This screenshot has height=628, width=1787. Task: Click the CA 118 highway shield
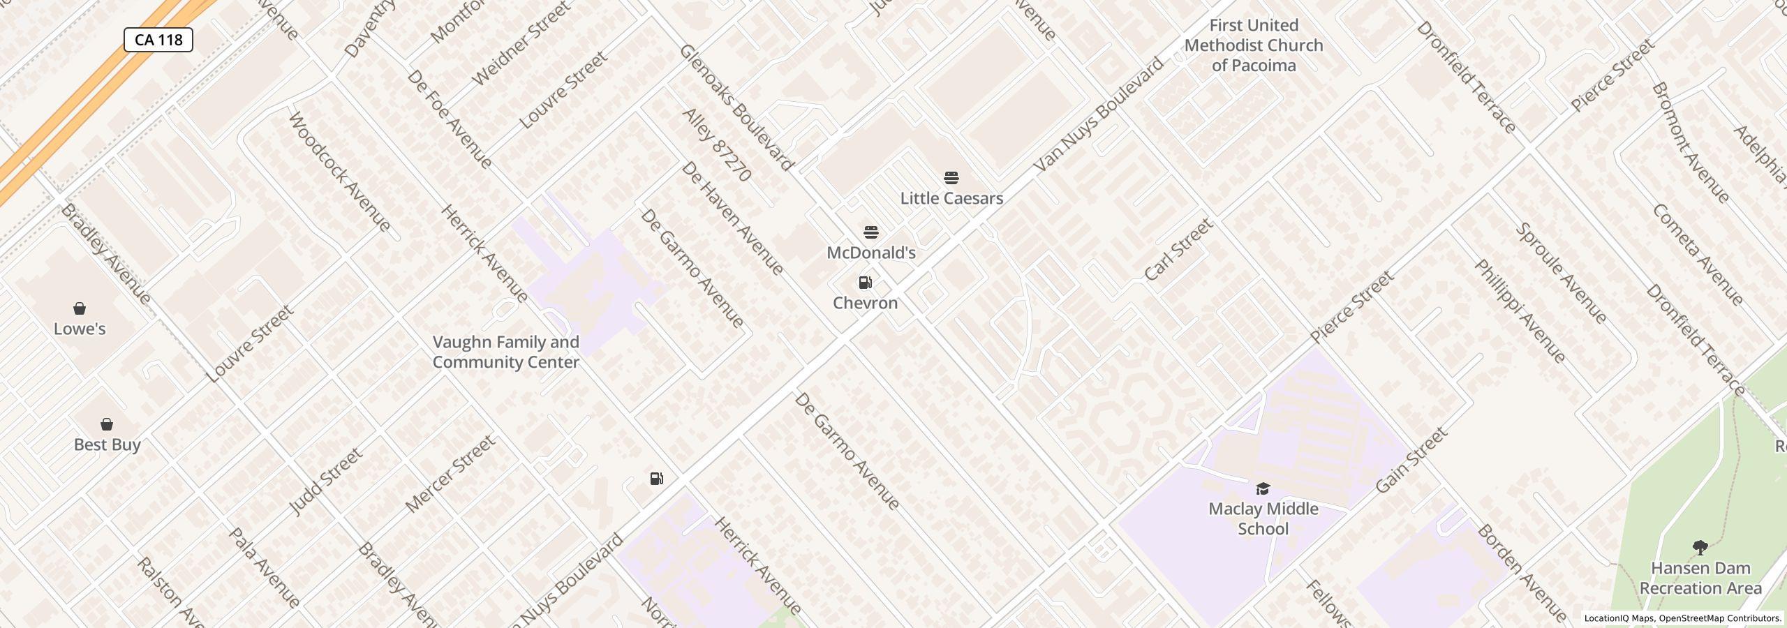[158, 40]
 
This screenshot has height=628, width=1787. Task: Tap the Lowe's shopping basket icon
[80, 308]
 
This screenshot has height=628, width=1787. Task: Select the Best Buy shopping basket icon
[107, 424]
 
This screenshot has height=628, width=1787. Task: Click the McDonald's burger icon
[870, 232]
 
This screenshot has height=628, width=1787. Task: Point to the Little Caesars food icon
[951, 178]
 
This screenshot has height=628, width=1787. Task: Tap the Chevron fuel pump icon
[865, 283]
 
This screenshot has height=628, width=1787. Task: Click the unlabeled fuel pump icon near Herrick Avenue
[656, 479]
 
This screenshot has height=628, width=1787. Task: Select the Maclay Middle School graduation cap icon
[1263, 488]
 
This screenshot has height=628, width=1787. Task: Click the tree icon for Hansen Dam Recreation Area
[1700, 548]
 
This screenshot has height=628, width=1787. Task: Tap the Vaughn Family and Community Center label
[505, 352]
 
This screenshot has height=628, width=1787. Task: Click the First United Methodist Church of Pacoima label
[1254, 45]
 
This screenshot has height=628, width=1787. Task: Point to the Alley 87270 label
[716, 145]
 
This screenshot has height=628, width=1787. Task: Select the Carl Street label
[1179, 249]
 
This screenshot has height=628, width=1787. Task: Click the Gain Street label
[1411, 461]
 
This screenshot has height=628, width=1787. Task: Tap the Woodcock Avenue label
[339, 172]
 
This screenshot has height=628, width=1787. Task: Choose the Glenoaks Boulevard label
[736, 107]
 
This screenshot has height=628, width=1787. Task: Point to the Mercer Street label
[450, 474]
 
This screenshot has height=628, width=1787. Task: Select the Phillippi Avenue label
[1520, 311]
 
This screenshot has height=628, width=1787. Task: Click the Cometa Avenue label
[1697, 255]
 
